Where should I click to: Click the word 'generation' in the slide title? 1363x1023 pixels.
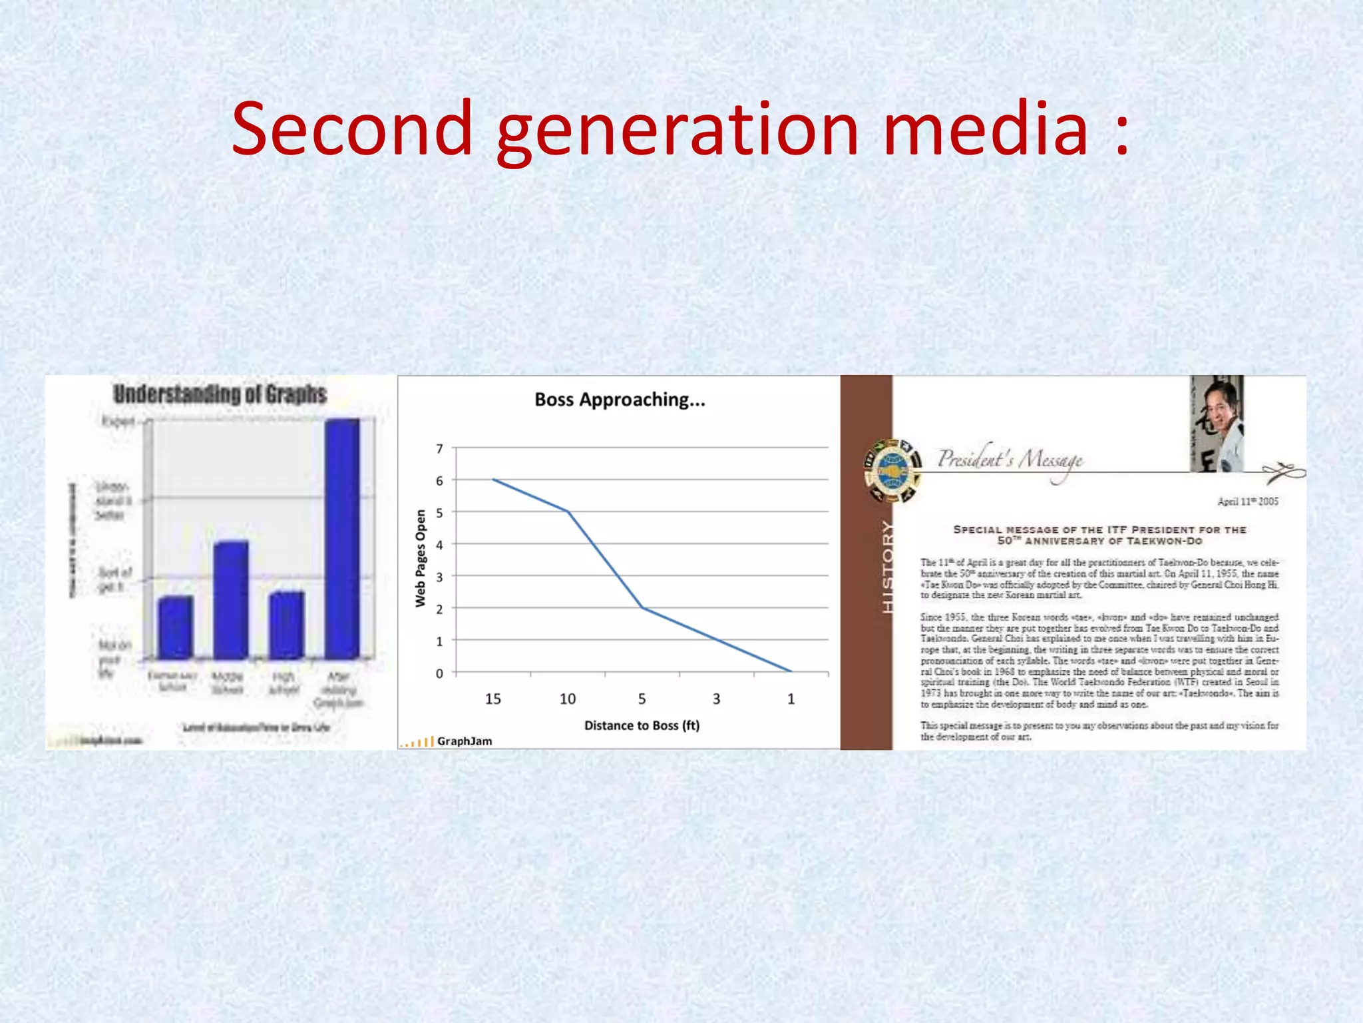tap(678, 130)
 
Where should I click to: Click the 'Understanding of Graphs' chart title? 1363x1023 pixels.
tap(220, 394)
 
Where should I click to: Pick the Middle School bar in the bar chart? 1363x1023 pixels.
tap(230, 599)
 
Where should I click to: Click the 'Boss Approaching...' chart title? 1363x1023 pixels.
tap(620, 400)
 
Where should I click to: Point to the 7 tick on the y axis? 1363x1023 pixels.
tap(439, 448)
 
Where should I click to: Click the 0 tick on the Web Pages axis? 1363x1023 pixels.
tap(439, 673)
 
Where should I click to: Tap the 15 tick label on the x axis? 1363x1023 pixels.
tap(492, 699)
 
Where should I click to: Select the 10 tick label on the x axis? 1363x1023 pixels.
tap(567, 699)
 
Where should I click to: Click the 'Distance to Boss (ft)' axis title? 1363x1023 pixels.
tap(642, 725)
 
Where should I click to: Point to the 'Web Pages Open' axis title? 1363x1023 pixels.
tap(420, 558)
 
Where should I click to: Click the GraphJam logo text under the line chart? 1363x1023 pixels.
tap(465, 741)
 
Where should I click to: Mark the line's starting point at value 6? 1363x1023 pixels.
tap(493, 480)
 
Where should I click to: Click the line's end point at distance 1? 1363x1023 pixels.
tap(791, 671)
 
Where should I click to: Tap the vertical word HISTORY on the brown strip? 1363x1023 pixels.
tap(888, 567)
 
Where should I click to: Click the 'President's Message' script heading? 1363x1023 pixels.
tap(1010, 459)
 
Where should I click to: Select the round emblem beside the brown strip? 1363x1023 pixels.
tap(892, 471)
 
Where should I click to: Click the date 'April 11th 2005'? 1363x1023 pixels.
tap(1247, 502)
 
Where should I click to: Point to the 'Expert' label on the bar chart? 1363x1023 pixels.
tap(118, 421)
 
